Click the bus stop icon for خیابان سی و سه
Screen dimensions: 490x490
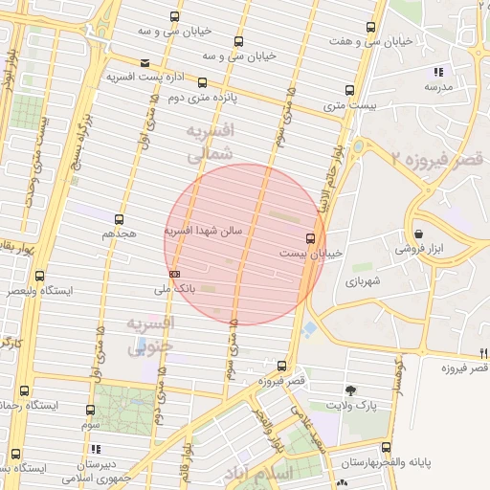pos(173,17)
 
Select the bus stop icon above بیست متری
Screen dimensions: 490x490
pos(348,92)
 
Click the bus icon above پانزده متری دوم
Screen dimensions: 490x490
pos(204,83)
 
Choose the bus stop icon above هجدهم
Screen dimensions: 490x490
pos(119,219)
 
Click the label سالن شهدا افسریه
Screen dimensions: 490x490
pos(204,231)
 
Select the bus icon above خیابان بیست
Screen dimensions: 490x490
pos(309,238)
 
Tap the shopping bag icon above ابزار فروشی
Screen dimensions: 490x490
pos(419,234)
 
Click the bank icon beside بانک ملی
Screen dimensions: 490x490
pos(174,274)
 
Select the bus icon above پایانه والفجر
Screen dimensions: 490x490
pos(385,447)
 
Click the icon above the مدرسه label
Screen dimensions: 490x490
pos(438,72)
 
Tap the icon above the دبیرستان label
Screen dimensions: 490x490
pos(95,448)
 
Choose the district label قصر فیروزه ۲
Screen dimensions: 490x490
pos(440,156)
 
